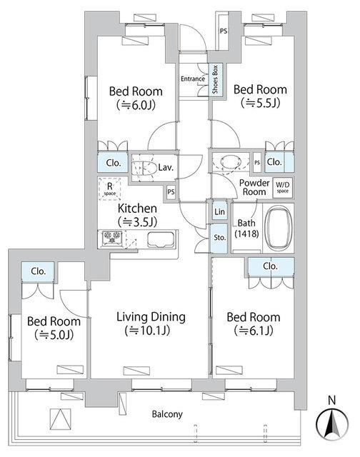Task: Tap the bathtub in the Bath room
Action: (279, 228)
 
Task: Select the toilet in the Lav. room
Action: (147, 168)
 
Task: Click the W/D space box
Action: (282, 188)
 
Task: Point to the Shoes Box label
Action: (215, 79)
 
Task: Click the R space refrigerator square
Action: (109, 189)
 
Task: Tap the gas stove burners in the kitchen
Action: (112, 238)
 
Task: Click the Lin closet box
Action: (219, 211)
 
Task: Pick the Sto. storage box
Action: (219, 238)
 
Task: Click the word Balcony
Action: (167, 414)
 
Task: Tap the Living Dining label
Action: (151, 317)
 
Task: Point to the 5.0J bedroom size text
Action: (54, 335)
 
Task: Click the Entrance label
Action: (193, 79)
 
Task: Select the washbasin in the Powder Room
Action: (230, 162)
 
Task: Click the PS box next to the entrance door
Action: (224, 31)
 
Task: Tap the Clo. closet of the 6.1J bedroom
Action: (271, 266)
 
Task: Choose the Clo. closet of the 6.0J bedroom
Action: (113, 162)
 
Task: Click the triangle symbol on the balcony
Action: (60, 419)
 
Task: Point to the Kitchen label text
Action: (137, 209)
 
